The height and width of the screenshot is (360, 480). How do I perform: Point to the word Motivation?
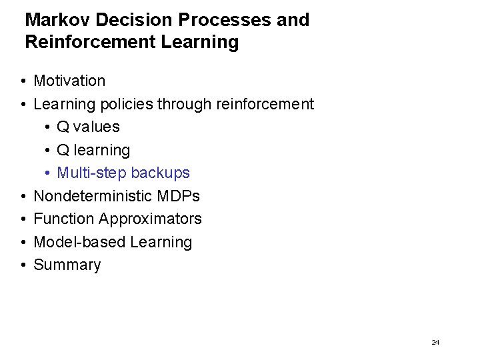click(69, 81)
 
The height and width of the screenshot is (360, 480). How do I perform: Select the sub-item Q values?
click(88, 127)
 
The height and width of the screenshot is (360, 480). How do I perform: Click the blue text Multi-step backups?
click(123, 173)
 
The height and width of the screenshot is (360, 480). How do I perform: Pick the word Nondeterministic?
click(95, 197)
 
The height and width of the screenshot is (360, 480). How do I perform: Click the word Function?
click(63, 219)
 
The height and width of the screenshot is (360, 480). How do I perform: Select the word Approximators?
click(151, 219)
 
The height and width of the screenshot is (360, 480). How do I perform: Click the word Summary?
click(67, 265)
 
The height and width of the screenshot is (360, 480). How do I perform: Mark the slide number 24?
click(435, 342)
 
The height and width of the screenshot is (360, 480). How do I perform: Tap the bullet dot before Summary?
click(23, 265)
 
